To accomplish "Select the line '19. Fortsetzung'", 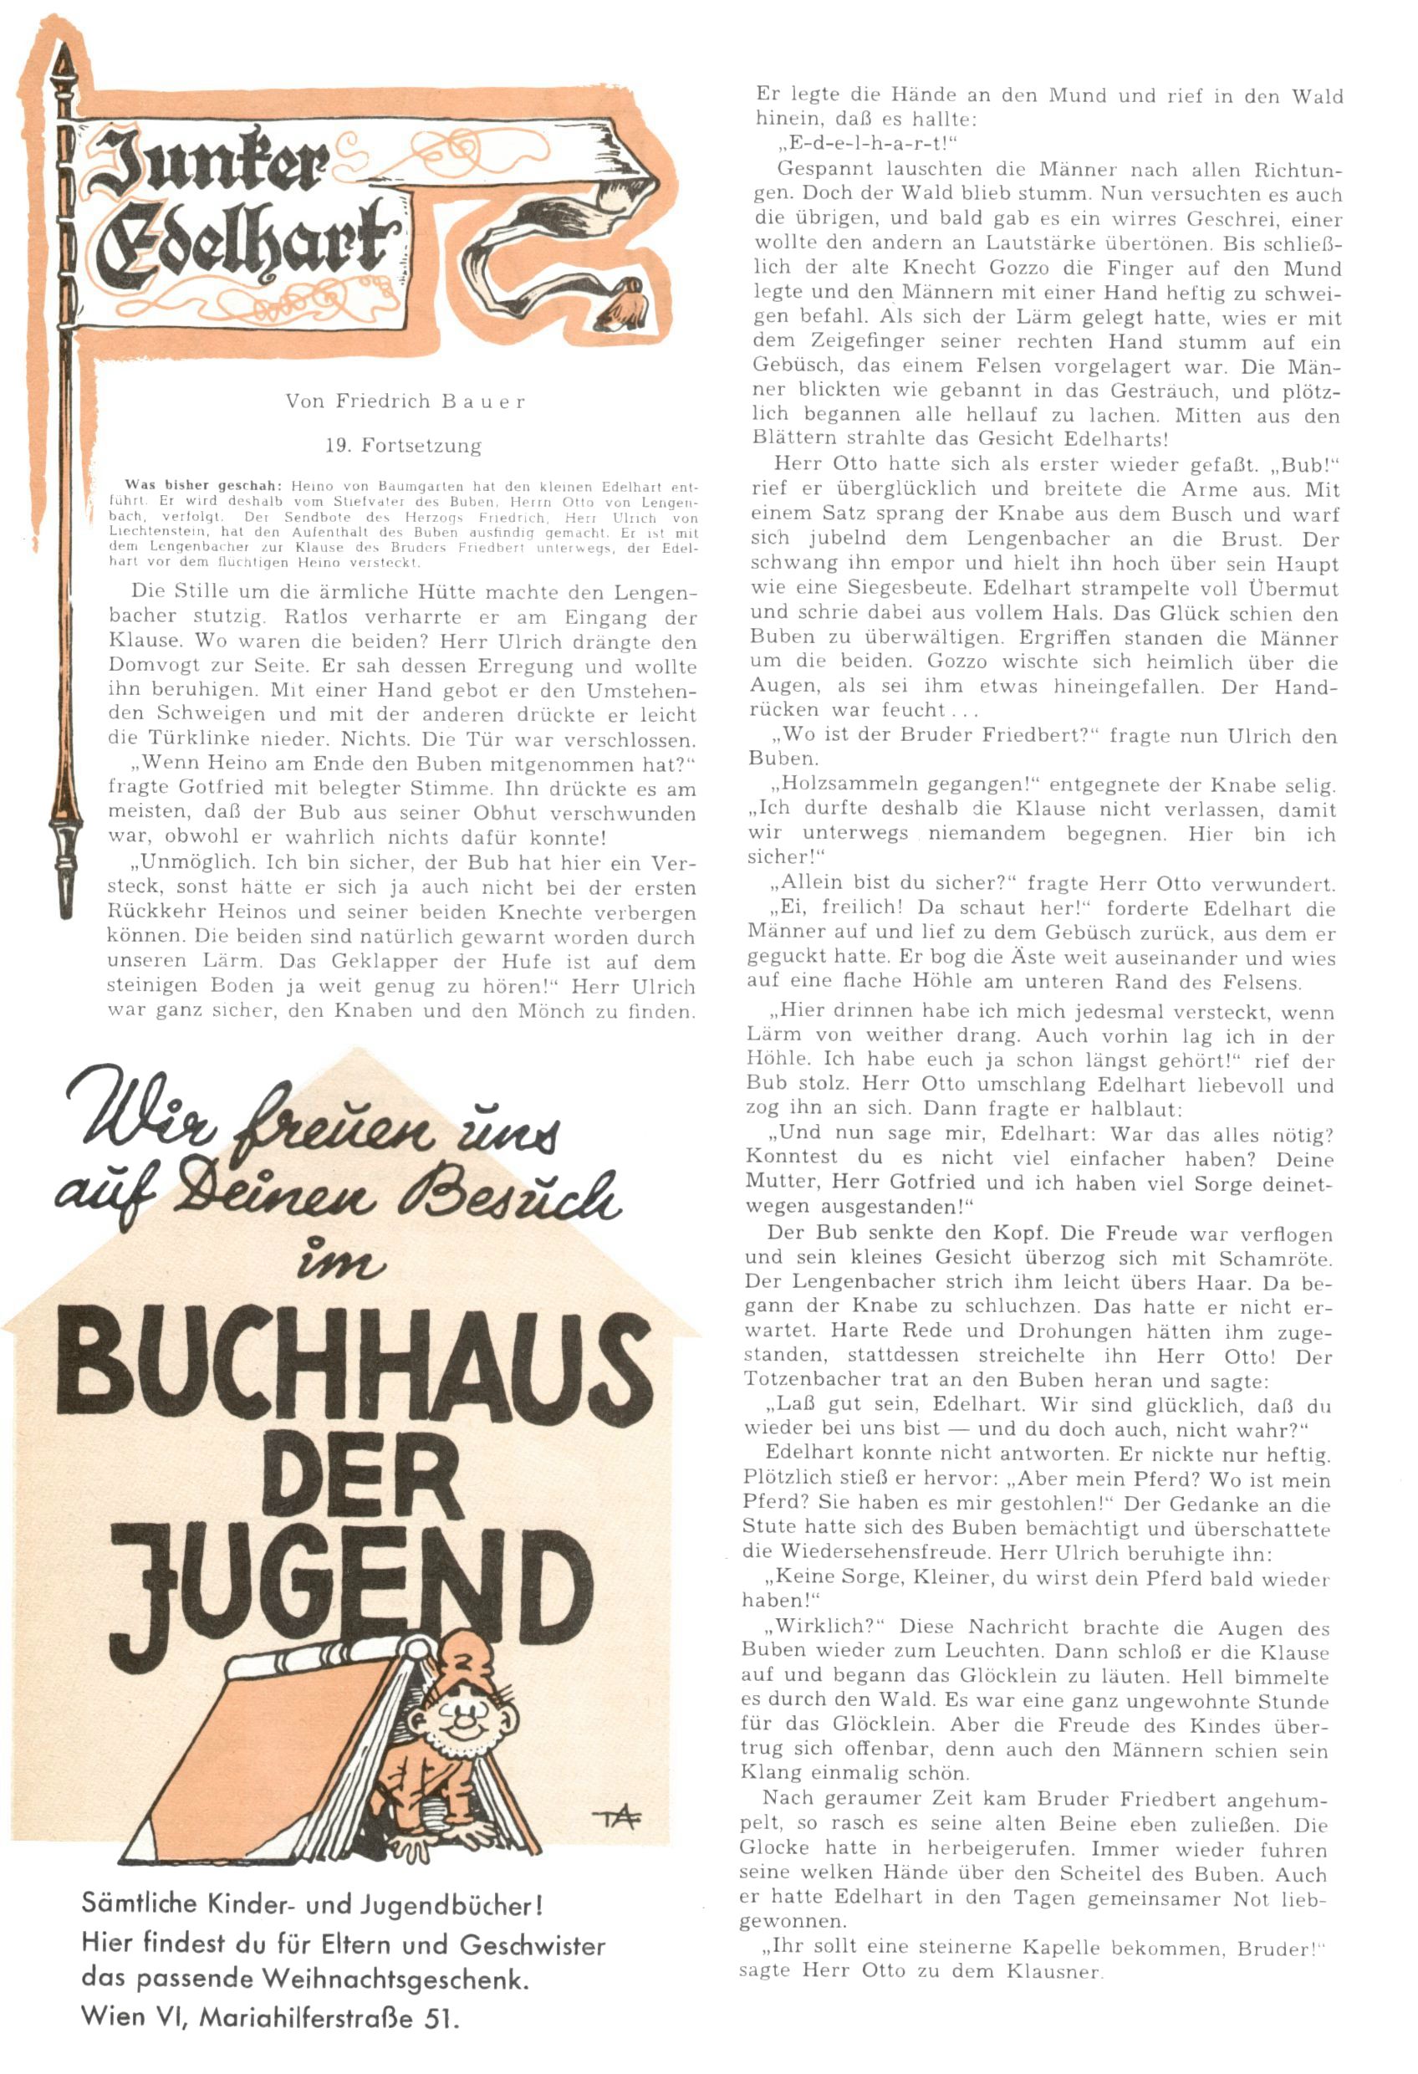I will [402, 445].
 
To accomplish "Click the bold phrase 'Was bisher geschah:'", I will [203, 487].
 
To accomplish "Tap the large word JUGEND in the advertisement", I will [353, 1599].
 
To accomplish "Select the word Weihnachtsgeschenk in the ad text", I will [395, 1980].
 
